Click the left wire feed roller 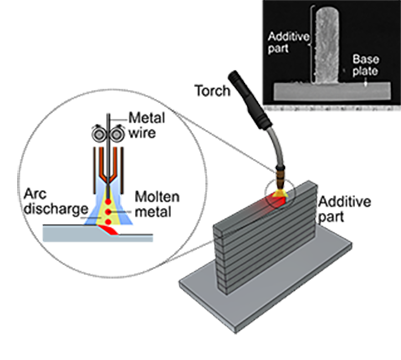point(99,134)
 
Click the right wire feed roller point(118,134)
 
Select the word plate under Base point(366,71)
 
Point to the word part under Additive point(278,48)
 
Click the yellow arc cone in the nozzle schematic point(109,200)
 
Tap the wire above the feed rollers point(109,112)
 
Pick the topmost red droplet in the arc point(109,186)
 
